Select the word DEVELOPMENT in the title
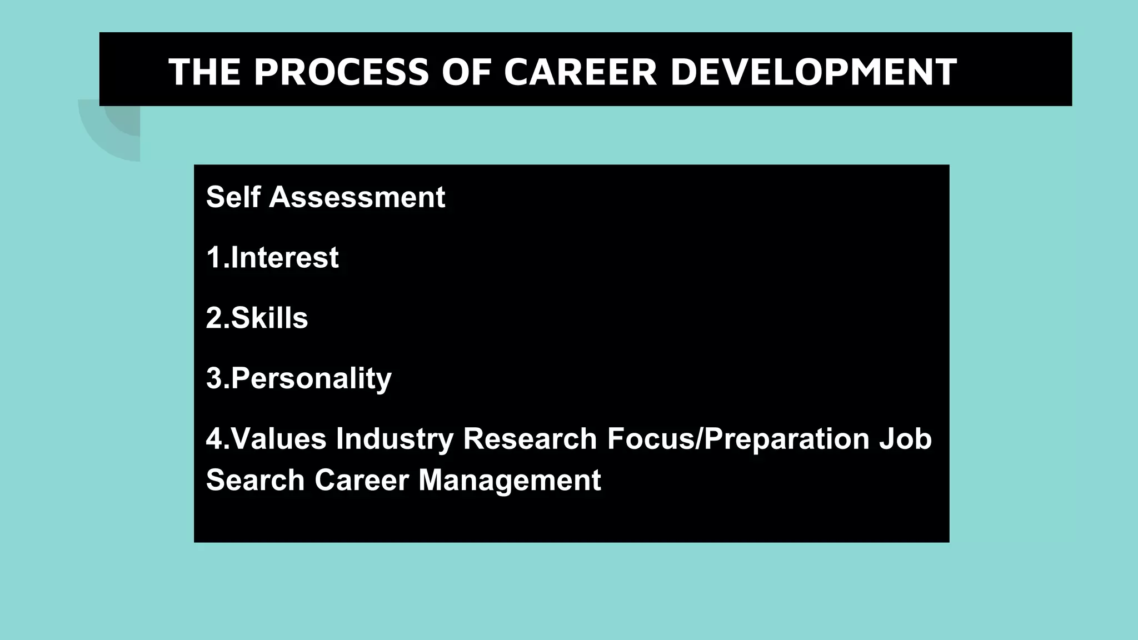pos(813,72)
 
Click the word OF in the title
pos(466,72)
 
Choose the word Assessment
pos(357,197)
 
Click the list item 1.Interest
pos(272,258)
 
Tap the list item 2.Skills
pos(257,318)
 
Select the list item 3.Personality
pos(299,379)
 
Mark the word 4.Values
pos(266,439)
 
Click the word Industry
pos(395,439)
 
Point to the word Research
pos(530,439)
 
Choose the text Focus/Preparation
pos(738,439)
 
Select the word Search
pos(255,480)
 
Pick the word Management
pos(509,480)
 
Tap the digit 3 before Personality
pos(214,379)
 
